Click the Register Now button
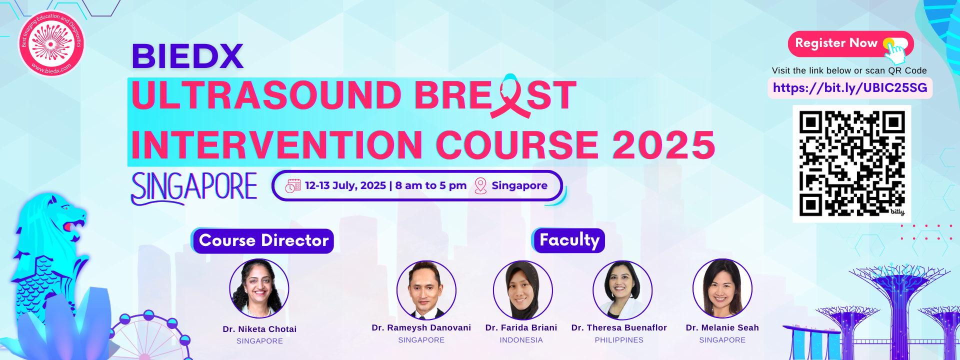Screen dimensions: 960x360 [850, 44]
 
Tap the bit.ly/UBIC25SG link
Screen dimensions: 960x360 [850, 88]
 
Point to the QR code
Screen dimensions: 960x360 [852, 163]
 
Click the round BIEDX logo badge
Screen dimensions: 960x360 [51, 43]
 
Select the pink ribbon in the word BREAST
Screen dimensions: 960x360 [510, 96]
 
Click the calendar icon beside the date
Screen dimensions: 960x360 [293, 185]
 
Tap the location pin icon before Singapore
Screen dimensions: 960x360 [480, 185]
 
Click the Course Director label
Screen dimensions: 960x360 [263, 241]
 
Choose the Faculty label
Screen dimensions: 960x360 [568, 240]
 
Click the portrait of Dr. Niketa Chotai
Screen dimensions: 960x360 [259, 288]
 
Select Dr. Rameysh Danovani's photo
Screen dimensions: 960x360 [426, 290]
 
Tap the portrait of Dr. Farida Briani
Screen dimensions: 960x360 [523, 290]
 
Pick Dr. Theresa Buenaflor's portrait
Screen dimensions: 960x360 [622, 290]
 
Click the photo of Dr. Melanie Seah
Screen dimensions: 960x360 [722, 288]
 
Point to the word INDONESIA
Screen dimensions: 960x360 [521, 340]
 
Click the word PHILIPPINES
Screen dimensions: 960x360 [619, 340]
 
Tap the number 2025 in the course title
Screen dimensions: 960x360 [664, 145]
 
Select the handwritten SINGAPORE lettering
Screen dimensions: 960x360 [194, 187]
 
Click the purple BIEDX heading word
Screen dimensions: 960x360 [187, 56]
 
